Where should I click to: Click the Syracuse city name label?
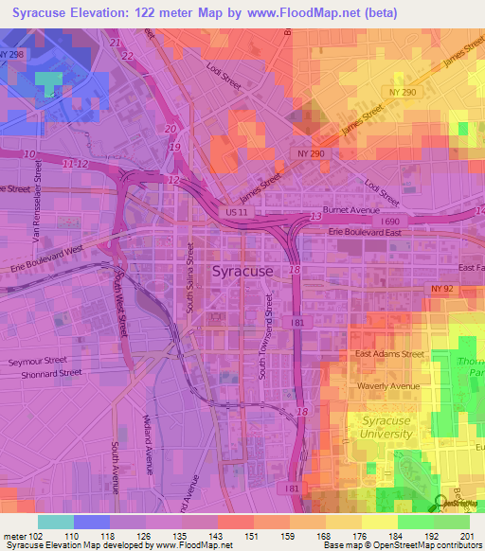click(x=242, y=271)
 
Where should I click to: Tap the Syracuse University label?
click(x=386, y=427)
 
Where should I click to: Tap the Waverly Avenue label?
click(x=388, y=386)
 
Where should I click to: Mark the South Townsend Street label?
click(x=268, y=337)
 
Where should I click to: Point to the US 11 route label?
click(x=236, y=215)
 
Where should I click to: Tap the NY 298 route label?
click(x=9, y=56)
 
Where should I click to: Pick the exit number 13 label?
click(x=314, y=218)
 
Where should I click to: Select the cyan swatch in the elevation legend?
click(x=55, y=522)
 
